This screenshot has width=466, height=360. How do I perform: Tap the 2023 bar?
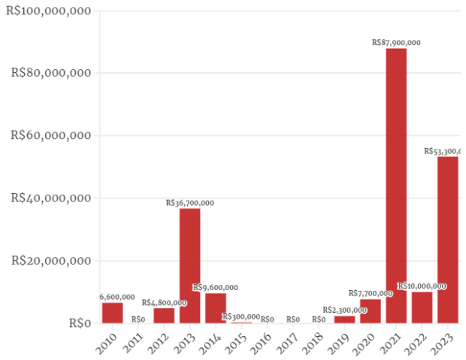click(448, 240)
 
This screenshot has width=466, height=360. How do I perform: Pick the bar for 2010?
click(113, 313)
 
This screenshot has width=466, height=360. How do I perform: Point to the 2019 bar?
click(344, 319)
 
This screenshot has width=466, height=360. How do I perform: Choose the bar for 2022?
click(422, 307)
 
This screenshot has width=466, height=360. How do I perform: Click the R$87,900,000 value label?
click(396, 43)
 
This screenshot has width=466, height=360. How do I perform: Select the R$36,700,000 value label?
click(190, 203)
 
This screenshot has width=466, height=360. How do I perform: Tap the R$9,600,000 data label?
click(216, 288)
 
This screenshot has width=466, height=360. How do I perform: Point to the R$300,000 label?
click(241, 317)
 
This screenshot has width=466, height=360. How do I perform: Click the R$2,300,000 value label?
click(345, 310)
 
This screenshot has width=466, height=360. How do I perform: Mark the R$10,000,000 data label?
click(422, 286)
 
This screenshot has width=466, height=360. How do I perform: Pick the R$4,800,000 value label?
click(164, 303)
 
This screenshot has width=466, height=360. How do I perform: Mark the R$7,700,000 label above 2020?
click(371, 293)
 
